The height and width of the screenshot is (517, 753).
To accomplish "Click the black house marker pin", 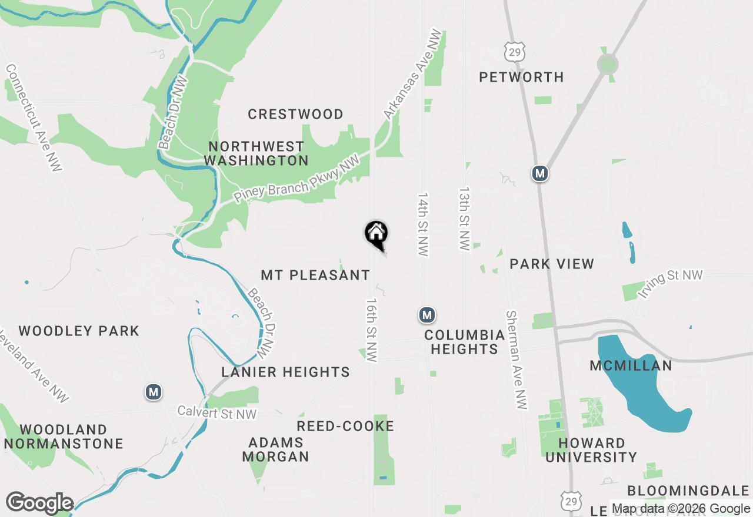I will (376, 234).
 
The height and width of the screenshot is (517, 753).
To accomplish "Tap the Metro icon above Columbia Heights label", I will (427, 315).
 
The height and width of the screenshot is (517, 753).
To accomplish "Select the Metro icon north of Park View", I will (540, 173).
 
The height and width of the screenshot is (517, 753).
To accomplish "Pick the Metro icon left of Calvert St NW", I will (154, 391).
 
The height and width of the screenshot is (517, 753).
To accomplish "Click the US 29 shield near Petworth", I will (514, 51).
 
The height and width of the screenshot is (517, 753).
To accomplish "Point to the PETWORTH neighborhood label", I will (521, 77).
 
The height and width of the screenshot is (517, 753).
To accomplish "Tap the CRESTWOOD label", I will (295, 114).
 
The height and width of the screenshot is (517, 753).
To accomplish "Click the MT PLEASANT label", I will (315, 275).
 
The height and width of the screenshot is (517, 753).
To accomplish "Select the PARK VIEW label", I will (552, 264).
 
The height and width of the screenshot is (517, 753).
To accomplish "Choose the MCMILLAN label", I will (631, 365).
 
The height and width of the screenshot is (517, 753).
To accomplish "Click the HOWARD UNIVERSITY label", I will (591, 449).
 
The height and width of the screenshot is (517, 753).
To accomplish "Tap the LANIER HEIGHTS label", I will (285, 372).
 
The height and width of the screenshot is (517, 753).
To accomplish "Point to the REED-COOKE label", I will (345, 426).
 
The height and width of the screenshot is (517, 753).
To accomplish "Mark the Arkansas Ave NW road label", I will (412, 74).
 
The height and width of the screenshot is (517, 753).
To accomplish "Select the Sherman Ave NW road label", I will (516, 360).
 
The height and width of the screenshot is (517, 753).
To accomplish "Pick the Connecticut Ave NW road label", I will (34, 117).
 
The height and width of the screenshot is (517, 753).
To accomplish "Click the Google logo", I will (39, 503).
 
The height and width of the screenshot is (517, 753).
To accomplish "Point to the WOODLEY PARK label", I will (79, 331).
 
